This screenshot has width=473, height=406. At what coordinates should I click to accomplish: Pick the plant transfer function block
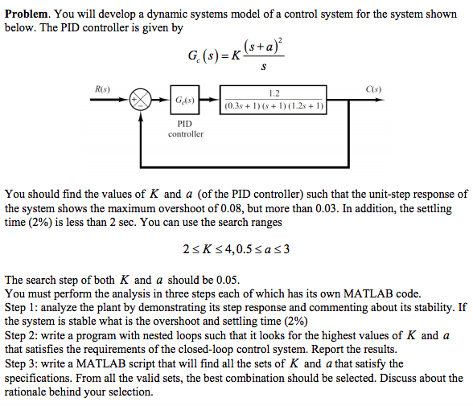(274, 99)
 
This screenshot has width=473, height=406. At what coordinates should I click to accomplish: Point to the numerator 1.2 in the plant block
(274, 93)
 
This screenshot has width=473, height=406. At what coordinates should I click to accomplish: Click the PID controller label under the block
(185, 129)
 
